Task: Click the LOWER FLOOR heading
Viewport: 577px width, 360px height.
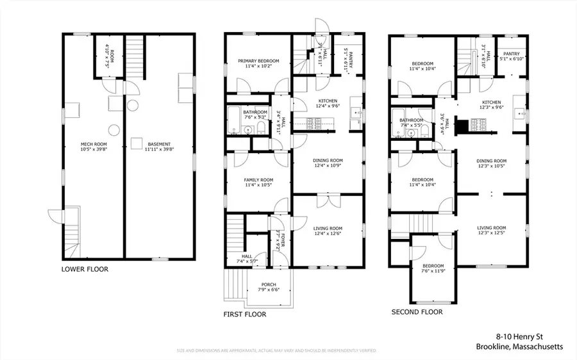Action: click(x=85, y=270)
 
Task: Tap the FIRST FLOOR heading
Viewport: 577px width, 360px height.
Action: click(x=244, y=315)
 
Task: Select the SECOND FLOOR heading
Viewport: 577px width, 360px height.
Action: click(x=417, y=312)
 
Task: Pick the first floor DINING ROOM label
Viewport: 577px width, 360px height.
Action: click(x=328, y=163)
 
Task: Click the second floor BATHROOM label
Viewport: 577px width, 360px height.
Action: click(x=411, y=120)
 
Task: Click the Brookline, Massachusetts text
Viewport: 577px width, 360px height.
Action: click(x=519, y=347)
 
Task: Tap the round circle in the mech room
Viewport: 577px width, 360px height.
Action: click(x=113, y=130)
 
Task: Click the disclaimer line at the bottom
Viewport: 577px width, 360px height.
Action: click(x=276, y=351)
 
